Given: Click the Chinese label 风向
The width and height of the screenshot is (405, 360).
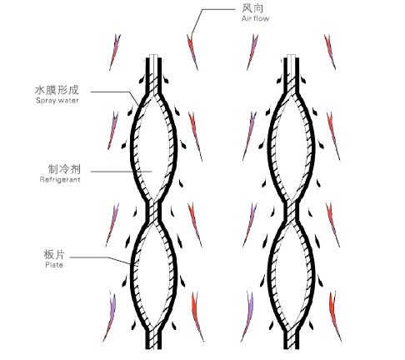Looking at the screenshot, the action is (x=252, y=8).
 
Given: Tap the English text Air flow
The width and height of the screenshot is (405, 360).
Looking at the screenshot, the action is (x=255, y=18).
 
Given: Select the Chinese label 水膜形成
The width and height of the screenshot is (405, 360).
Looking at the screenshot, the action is (x=57, y=90).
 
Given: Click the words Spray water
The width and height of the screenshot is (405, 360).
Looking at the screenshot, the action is (x=57, y=101).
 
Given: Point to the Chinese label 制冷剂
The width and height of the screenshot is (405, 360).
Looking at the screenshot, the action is (x=64, y=169).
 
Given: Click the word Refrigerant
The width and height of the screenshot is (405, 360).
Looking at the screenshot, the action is (x=60, y=180).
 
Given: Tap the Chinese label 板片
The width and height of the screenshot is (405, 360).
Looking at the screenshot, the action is (x=54, y=254).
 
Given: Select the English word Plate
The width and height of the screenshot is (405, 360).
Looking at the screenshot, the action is (x=54, y=265).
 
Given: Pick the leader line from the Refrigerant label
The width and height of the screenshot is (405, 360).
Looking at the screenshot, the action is (x=122, y=172).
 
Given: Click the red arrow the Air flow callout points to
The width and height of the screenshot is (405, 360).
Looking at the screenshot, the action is (x=192, y=52).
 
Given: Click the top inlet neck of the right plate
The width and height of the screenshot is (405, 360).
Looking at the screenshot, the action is (x=292, y=73).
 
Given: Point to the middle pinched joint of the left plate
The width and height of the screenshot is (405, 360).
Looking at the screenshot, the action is (x=153, y=212).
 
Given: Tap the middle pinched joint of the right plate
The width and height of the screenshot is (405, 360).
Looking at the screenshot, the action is (x=292, y=212).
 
